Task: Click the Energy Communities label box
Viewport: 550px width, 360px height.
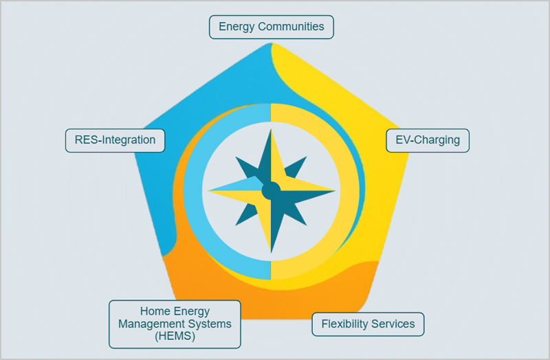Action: (x=271, y=27)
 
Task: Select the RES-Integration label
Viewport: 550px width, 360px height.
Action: (x=115, y=141)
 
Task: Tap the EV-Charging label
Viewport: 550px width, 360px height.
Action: (x=428, y=141)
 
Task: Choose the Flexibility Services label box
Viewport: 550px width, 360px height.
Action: (x=368, y=324)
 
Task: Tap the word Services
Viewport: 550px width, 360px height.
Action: (x=393, y=324)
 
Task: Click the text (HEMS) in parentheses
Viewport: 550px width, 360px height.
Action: (x=175, y=336)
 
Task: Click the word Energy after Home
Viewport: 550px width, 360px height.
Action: (x=192, y=312)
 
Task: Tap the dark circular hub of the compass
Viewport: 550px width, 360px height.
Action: (x=271, y=192)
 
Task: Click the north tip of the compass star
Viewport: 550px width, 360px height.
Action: (x=271, y=129)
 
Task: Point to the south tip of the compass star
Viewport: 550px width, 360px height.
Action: (x=271, y=253)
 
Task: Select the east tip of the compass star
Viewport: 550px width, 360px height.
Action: (x=335, y=191)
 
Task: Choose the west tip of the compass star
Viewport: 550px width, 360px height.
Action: (x=208, y=191)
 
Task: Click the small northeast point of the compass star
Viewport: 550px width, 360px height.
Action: (x=307, y=157)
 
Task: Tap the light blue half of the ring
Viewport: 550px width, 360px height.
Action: (x=193, y=192)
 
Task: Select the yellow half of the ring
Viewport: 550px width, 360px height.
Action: (x=350, y=192)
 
